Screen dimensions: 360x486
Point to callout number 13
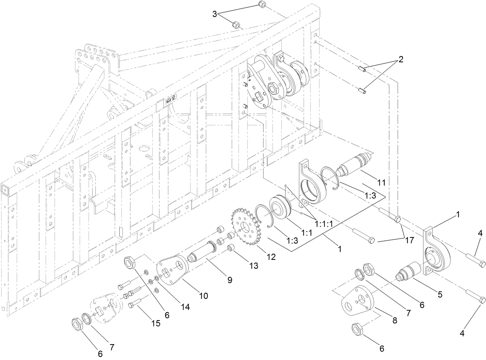pos(253,266)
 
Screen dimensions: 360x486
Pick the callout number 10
pos(203,296)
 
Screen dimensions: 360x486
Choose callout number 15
pos(155,324)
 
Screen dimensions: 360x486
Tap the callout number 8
pos(394,321)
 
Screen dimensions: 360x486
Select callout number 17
pos(410,241)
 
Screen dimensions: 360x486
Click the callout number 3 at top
pos(214,14)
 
